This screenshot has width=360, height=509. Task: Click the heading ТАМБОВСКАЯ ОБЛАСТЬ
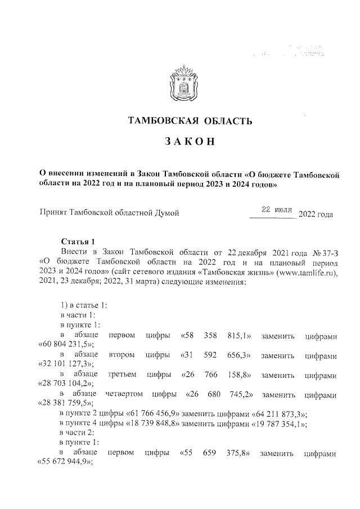[x=179, y=120]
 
